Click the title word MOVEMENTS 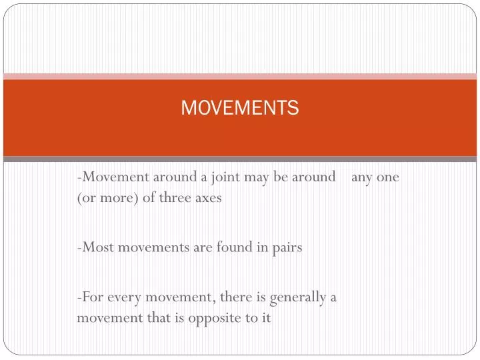pos(240,108)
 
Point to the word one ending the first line pos(388,178)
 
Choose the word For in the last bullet pos(91,297)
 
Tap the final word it pos(266,318)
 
